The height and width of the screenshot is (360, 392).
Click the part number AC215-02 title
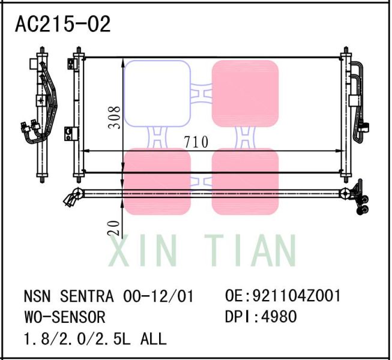[x=62, y=25]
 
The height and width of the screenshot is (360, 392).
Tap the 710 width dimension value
[x=196, y=142]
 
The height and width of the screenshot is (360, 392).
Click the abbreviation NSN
[x=36, y=297]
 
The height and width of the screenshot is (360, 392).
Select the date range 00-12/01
[x=158, y=297]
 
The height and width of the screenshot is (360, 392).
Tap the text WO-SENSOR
[x=64, y=317]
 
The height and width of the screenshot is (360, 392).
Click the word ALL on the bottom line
[x=153, y=338]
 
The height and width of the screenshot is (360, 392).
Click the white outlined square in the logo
[x=157, y=93]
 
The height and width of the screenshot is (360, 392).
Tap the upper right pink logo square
[x=245, y=93]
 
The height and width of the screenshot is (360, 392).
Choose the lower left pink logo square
[x=157, y=181]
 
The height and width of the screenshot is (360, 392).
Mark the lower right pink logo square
[x=245, y=181]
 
